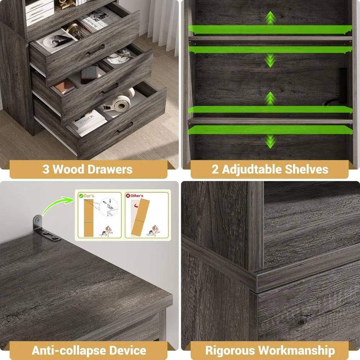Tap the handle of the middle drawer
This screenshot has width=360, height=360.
point(110,88)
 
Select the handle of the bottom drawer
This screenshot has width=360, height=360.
point(125,127)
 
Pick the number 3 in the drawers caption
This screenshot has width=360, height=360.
point(46,169)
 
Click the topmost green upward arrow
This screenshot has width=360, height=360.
point(270,17)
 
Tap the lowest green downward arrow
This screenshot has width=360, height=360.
point(270,141)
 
